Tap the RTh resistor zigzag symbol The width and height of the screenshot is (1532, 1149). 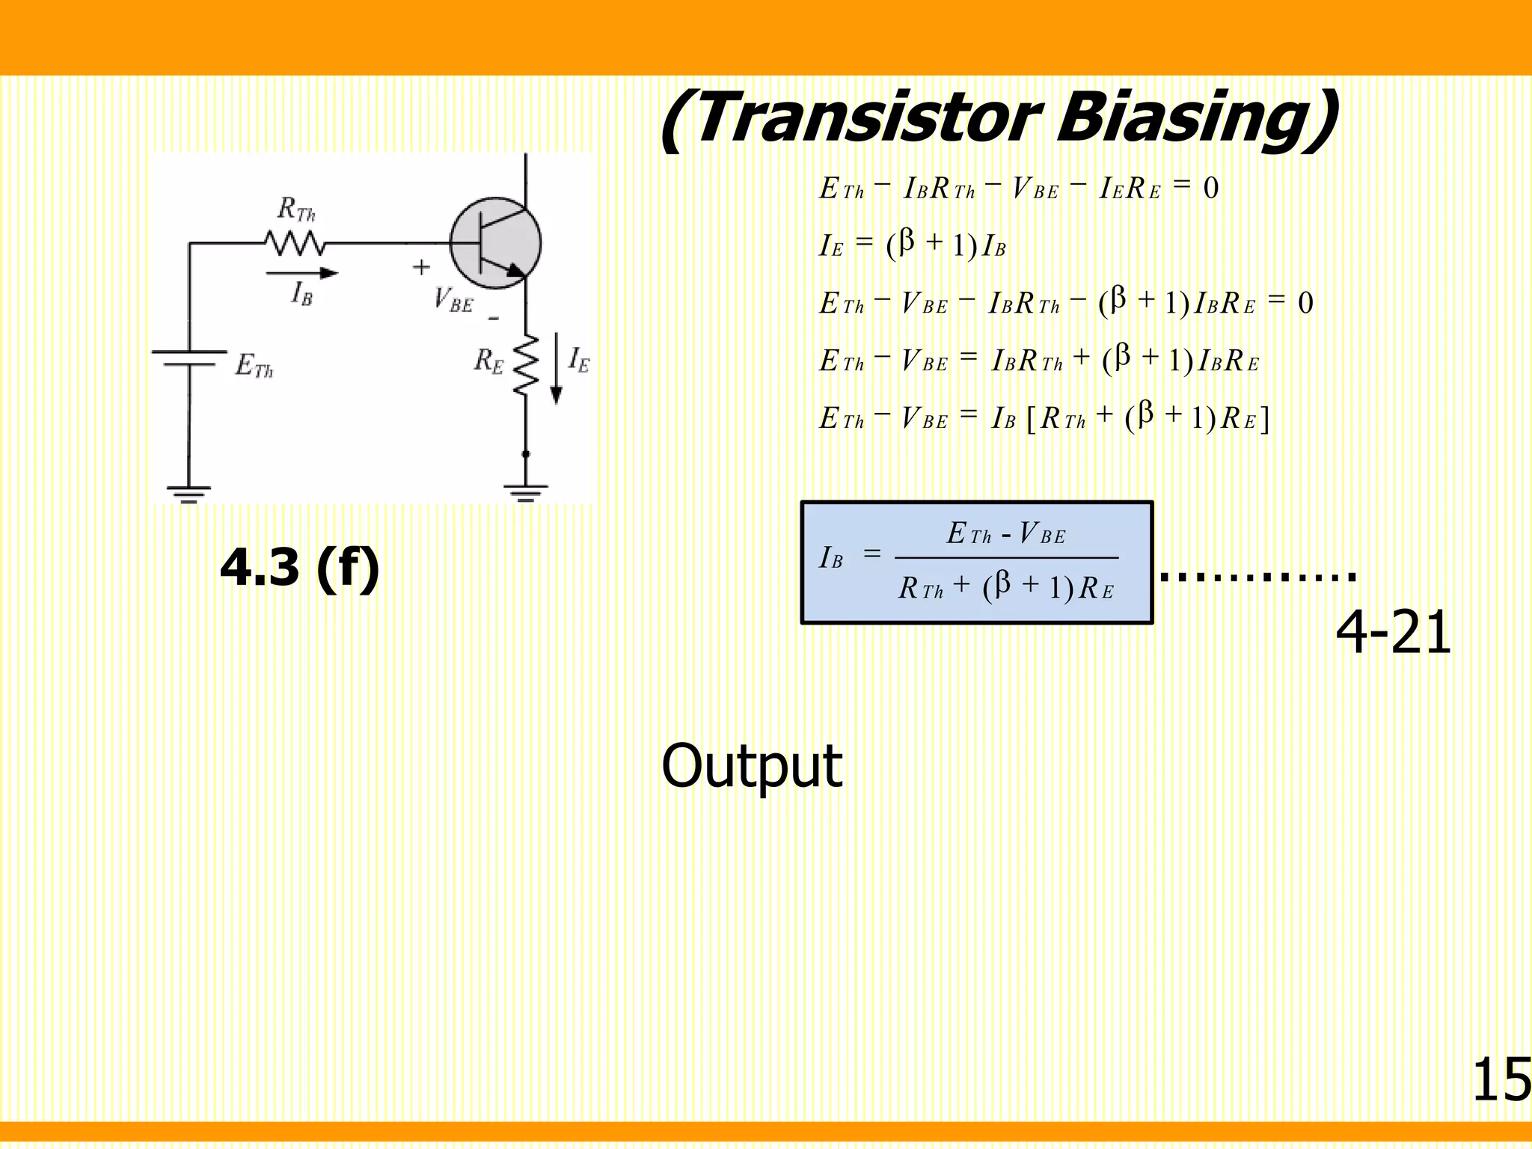click(295, 243)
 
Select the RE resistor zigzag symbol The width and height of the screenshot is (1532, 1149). click(526, 364)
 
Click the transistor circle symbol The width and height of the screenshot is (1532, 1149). click(495, 243)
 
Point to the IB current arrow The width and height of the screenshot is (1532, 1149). click(302, 273)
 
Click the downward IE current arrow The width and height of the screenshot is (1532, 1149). click(557, 368)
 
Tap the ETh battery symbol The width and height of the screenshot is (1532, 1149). click(189, 358)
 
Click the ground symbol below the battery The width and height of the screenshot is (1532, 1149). click(189, 494)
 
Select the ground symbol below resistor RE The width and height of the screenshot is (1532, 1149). click(526, 492)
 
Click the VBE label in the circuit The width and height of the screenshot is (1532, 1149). click(453, 301)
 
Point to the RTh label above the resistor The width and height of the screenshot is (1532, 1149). click(296, 209)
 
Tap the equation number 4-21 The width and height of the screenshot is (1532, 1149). click(1393, 633)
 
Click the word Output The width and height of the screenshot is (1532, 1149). click(752, 766)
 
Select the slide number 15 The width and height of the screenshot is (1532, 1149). click(1501, 1080)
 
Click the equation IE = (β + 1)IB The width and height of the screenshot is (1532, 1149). click(913, 245)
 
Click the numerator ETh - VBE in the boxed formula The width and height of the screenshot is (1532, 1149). click(1006, 533)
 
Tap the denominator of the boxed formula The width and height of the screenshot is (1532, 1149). click(1006, 587)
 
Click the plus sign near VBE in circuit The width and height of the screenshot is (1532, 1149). click(422, 267)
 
